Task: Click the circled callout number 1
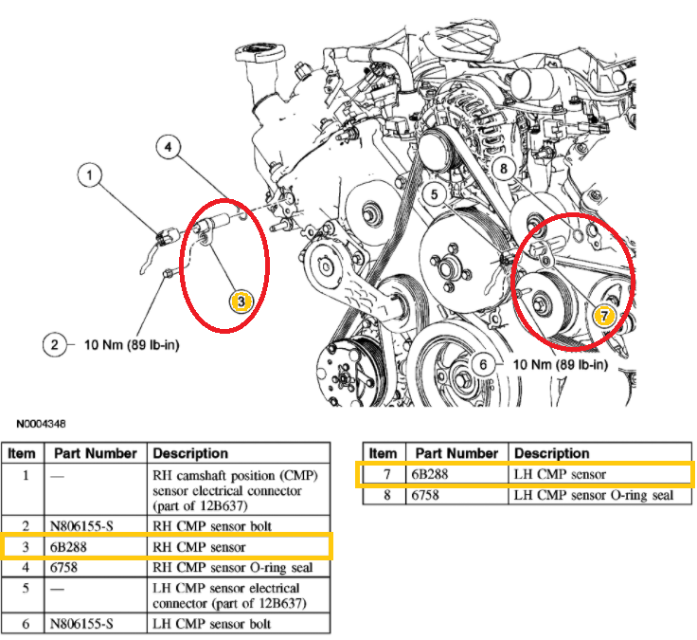(90, 174)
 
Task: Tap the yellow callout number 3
(241, 301)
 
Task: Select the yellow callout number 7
(604, 315)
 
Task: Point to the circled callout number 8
(504, 169)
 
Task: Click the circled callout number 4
(166, 148)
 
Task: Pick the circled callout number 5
(435, 195)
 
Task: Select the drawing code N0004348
(41, 424)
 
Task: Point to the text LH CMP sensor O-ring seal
(593, 495)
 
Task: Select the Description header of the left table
(190, 453)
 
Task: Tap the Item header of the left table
(22, 453)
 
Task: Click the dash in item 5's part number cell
(59, 587)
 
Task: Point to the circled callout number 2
(55, 344)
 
